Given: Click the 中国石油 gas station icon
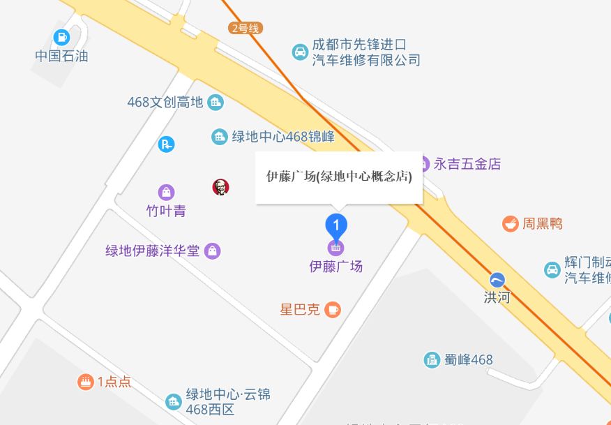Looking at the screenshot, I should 62,37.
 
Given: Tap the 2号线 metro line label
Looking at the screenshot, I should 246,29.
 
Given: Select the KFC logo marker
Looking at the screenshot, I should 220,187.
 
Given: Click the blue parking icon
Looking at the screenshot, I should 166,144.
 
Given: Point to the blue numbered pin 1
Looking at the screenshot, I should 337,225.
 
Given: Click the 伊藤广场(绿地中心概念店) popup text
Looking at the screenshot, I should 339,177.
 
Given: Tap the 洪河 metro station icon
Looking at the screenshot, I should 497,280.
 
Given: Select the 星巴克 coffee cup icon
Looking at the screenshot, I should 333,309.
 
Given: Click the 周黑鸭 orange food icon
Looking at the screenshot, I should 511,224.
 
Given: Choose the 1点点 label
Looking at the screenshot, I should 114,382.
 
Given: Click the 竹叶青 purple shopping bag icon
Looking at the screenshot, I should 166,192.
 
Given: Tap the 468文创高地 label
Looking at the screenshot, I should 165,103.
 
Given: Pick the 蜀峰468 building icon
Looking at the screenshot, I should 432,360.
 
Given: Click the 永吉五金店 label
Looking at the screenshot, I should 467,164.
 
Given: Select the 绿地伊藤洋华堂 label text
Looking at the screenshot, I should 152,251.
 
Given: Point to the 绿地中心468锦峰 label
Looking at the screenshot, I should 283,137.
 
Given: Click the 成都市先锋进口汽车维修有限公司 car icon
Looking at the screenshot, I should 300,52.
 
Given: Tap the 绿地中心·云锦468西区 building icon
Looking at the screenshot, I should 173,402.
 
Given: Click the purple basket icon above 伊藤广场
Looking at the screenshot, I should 336,246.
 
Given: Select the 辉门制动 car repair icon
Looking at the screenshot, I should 552,269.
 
